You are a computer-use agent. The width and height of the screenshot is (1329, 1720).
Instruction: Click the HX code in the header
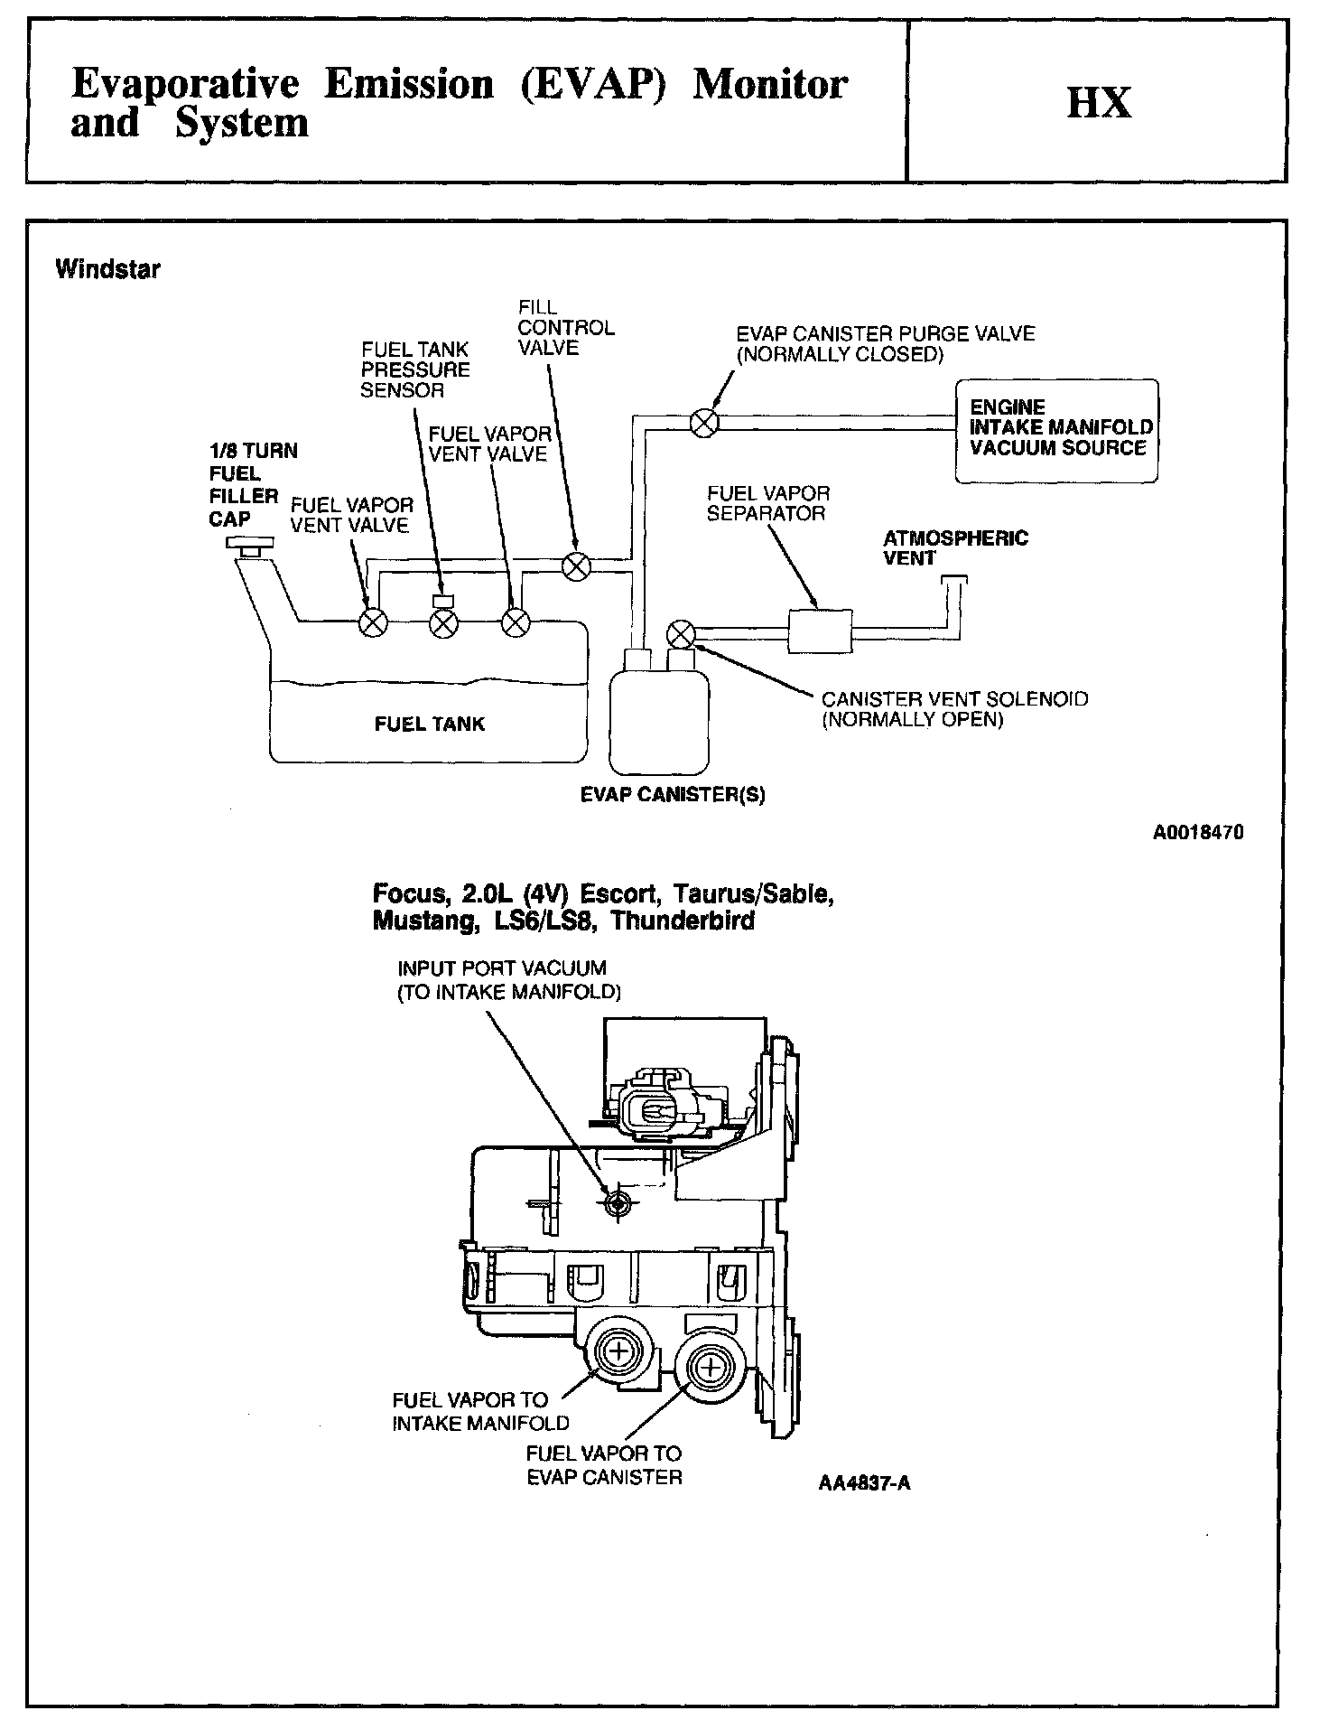pos(1098,102)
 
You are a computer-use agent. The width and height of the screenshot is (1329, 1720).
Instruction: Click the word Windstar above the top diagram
pos(107,269)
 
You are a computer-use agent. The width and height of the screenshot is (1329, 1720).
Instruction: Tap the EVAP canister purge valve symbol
pos(704,422)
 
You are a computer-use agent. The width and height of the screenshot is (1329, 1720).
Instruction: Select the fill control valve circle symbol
pos(576,566)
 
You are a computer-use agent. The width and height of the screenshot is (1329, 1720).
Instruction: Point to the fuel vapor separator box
pos(820,631)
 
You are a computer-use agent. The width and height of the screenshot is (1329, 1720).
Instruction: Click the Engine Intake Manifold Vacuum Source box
pos(1057,430)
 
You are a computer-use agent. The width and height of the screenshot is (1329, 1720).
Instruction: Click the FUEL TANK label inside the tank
pos(430,724)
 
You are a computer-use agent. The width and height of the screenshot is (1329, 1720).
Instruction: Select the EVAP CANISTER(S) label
pos(673,795)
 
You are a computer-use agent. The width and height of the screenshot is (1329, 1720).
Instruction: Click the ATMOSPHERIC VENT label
pos(955,548)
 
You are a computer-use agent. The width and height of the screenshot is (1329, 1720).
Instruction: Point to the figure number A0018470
pos(1198,833)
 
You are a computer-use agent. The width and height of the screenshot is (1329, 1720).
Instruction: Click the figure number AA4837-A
pos(864,1483)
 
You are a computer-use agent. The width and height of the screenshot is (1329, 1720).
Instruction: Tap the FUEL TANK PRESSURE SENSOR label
pos(415,369)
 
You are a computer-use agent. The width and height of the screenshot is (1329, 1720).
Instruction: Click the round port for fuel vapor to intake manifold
pos(618,1352)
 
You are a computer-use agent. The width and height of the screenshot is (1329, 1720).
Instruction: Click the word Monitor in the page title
pos(769,85)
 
